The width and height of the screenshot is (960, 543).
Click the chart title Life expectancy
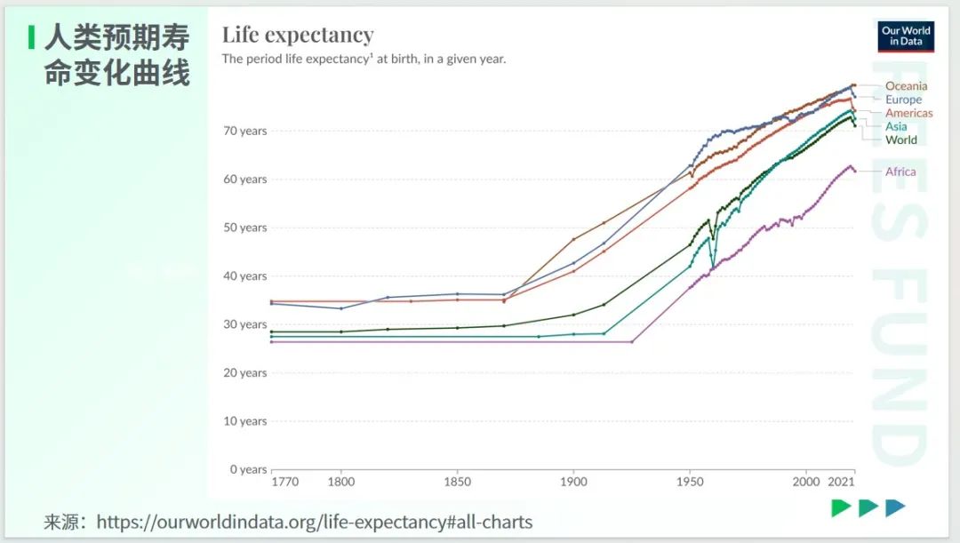point(298,35)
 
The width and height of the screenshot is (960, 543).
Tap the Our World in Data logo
point(906,36)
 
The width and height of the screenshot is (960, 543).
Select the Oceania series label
point(906,86)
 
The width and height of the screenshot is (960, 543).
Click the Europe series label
point(903,100)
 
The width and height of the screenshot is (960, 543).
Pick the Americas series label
point(908,113)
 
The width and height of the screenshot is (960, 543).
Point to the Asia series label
point(896,126)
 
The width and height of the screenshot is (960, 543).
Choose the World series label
point(900,140)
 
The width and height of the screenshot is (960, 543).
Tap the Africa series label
point(900,172)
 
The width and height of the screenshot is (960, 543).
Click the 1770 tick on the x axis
point(284,483)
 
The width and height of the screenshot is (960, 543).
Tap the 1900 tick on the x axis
point(573,483)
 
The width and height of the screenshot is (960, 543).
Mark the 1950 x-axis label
point(690,483)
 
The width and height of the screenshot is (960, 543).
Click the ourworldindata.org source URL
point(314,522)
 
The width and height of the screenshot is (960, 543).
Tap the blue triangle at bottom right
point(895,507)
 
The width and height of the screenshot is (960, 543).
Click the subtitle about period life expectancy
point(364,59)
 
